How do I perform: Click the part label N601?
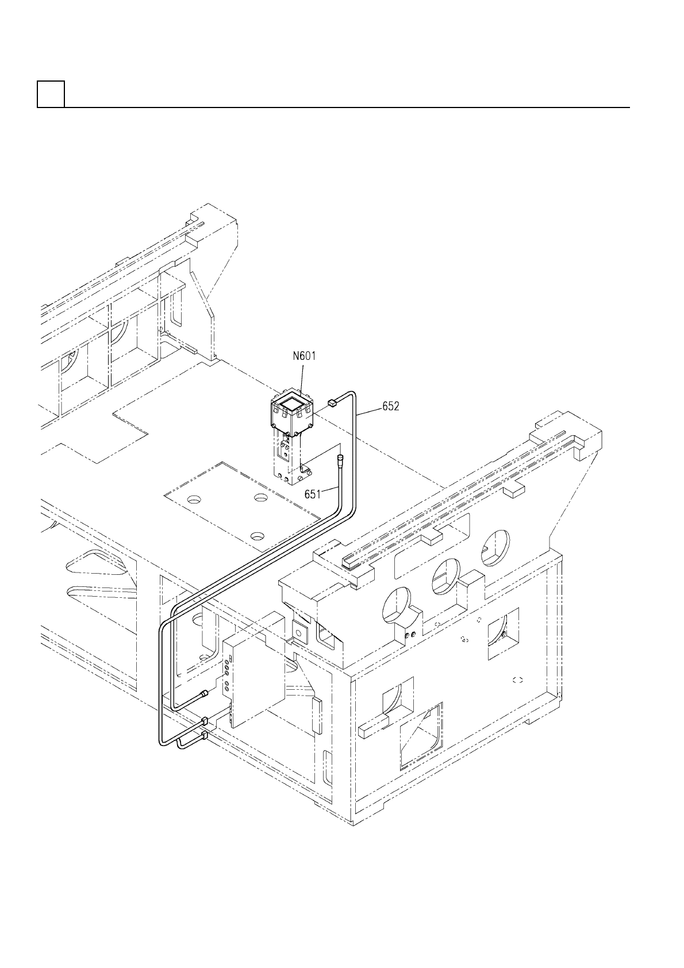click(x=304, y=356)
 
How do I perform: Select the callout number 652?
click(x=391, y=406)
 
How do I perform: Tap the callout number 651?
click(x=313, y=494)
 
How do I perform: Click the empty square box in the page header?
click(x=51, y=94)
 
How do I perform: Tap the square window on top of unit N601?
click(x=289, y=405)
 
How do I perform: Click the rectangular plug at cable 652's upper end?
click(x=332, y=403)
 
